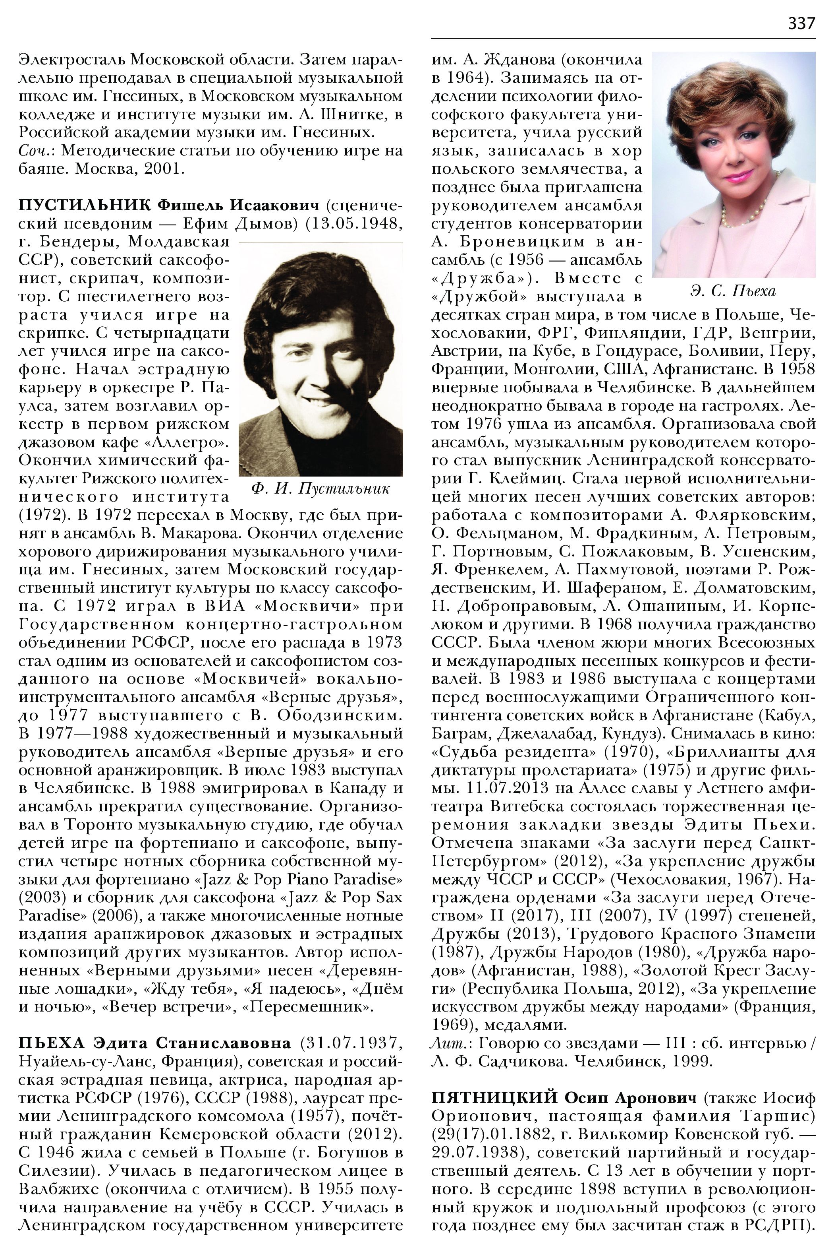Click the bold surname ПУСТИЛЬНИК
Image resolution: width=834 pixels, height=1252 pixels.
(x=83, y=205)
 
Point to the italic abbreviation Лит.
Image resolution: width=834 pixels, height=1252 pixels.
(x=445, y=1044)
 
